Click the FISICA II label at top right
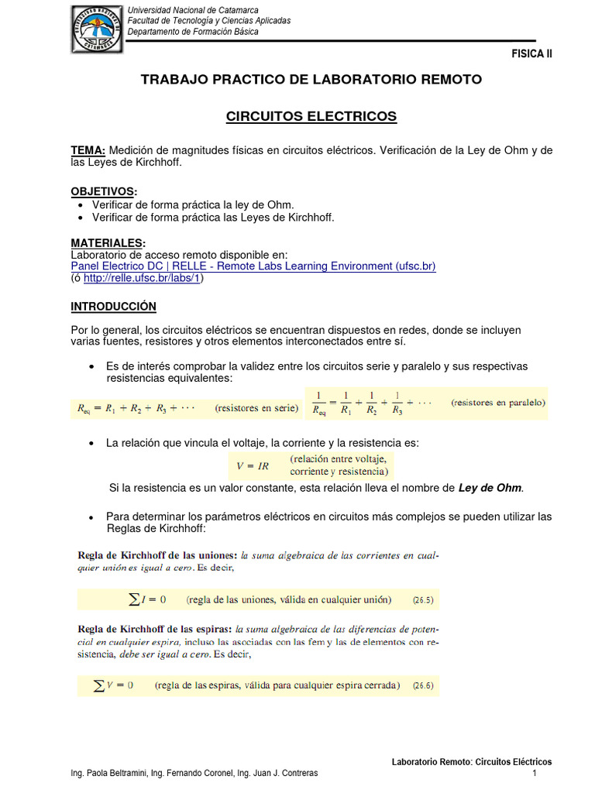(x=531, y=53)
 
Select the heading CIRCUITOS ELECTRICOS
(x=311, y=116)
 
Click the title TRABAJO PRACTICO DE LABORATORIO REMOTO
(x=311, y=79)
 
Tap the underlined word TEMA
(x=88, y=150)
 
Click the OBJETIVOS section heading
(x=104, y=191)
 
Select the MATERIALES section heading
(x=108, y=242)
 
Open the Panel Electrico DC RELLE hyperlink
(x=253, y=266)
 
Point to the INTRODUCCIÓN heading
(x=113, y=307)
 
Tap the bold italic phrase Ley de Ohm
(x=490, y=488)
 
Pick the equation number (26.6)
(x=423, y=685)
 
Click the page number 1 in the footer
(x=535, y=774)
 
